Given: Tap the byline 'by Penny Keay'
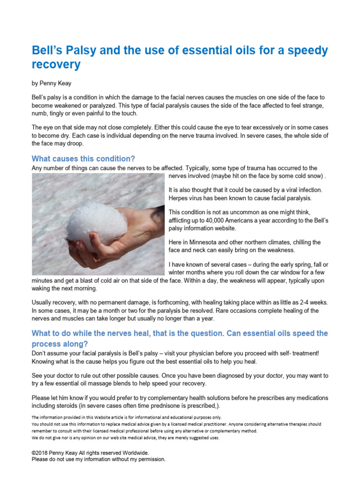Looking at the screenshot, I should tap(52, 83).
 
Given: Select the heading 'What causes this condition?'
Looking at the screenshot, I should tap(83, 158).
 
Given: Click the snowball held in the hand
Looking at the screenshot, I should tap(96, 226).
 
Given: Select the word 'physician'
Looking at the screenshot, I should tap(214, 353).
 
